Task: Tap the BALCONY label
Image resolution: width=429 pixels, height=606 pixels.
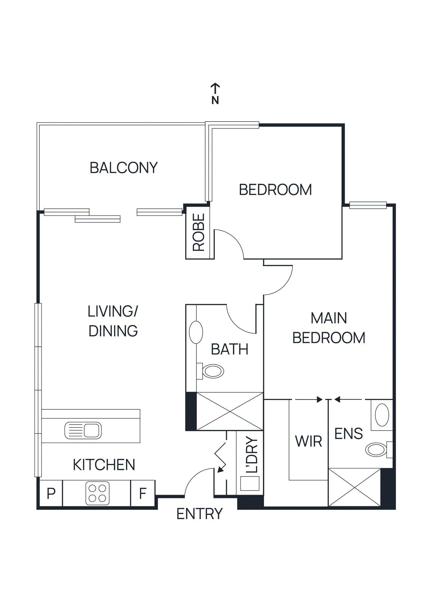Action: tap(124, 168)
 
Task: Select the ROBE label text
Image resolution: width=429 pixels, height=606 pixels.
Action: tap(199, 232)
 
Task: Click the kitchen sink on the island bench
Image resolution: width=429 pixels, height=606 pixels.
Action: tap(83, 430)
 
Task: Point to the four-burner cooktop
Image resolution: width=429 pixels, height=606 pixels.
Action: tap(97, 493)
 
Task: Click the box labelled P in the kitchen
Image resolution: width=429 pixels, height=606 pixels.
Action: tap(51, 493)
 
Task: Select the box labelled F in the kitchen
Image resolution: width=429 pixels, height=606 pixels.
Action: tap(143, 493)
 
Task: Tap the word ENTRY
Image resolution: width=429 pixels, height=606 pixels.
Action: tap(200, 514)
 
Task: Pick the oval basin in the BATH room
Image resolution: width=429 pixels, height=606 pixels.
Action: tap(196, 332)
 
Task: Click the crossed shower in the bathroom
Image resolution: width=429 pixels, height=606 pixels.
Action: tap(230, 411)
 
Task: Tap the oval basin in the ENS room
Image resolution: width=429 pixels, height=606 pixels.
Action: tap(382, 415)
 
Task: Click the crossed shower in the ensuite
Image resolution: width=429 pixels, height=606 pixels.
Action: tap(354, 487)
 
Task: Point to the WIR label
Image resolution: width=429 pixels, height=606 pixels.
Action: tap(308, 441)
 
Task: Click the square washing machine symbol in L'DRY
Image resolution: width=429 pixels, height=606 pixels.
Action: tap(250, 483)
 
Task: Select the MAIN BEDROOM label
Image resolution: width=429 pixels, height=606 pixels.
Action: tap(328, 328)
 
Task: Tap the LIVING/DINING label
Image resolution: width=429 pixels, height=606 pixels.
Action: tap(113, 321)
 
